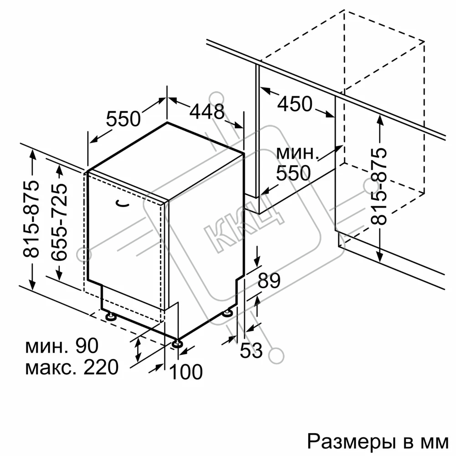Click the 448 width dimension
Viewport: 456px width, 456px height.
click(207, 111)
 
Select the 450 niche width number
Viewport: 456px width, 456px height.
click(295, 104)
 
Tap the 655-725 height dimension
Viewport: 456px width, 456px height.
click(59, 222)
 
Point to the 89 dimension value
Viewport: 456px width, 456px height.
click(269, 280)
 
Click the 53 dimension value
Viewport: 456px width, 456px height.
click(251, 350)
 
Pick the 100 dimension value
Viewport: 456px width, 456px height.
click(186, 372)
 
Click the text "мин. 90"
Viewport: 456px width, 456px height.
click(62, 346)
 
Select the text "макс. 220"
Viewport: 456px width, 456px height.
click(72, 367)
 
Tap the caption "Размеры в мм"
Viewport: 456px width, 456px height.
click(378, 442)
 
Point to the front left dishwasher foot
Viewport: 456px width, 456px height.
click(110, 316)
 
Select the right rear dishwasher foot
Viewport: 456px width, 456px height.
click(227, 313)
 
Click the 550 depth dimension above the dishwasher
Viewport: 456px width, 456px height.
click(123, 119)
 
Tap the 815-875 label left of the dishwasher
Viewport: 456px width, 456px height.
click(31, 219)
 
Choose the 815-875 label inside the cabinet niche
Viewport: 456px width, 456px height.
click(379, 187)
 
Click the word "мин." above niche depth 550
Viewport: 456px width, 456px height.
click(295, 153)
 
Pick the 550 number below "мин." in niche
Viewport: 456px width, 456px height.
click(294, 173)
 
